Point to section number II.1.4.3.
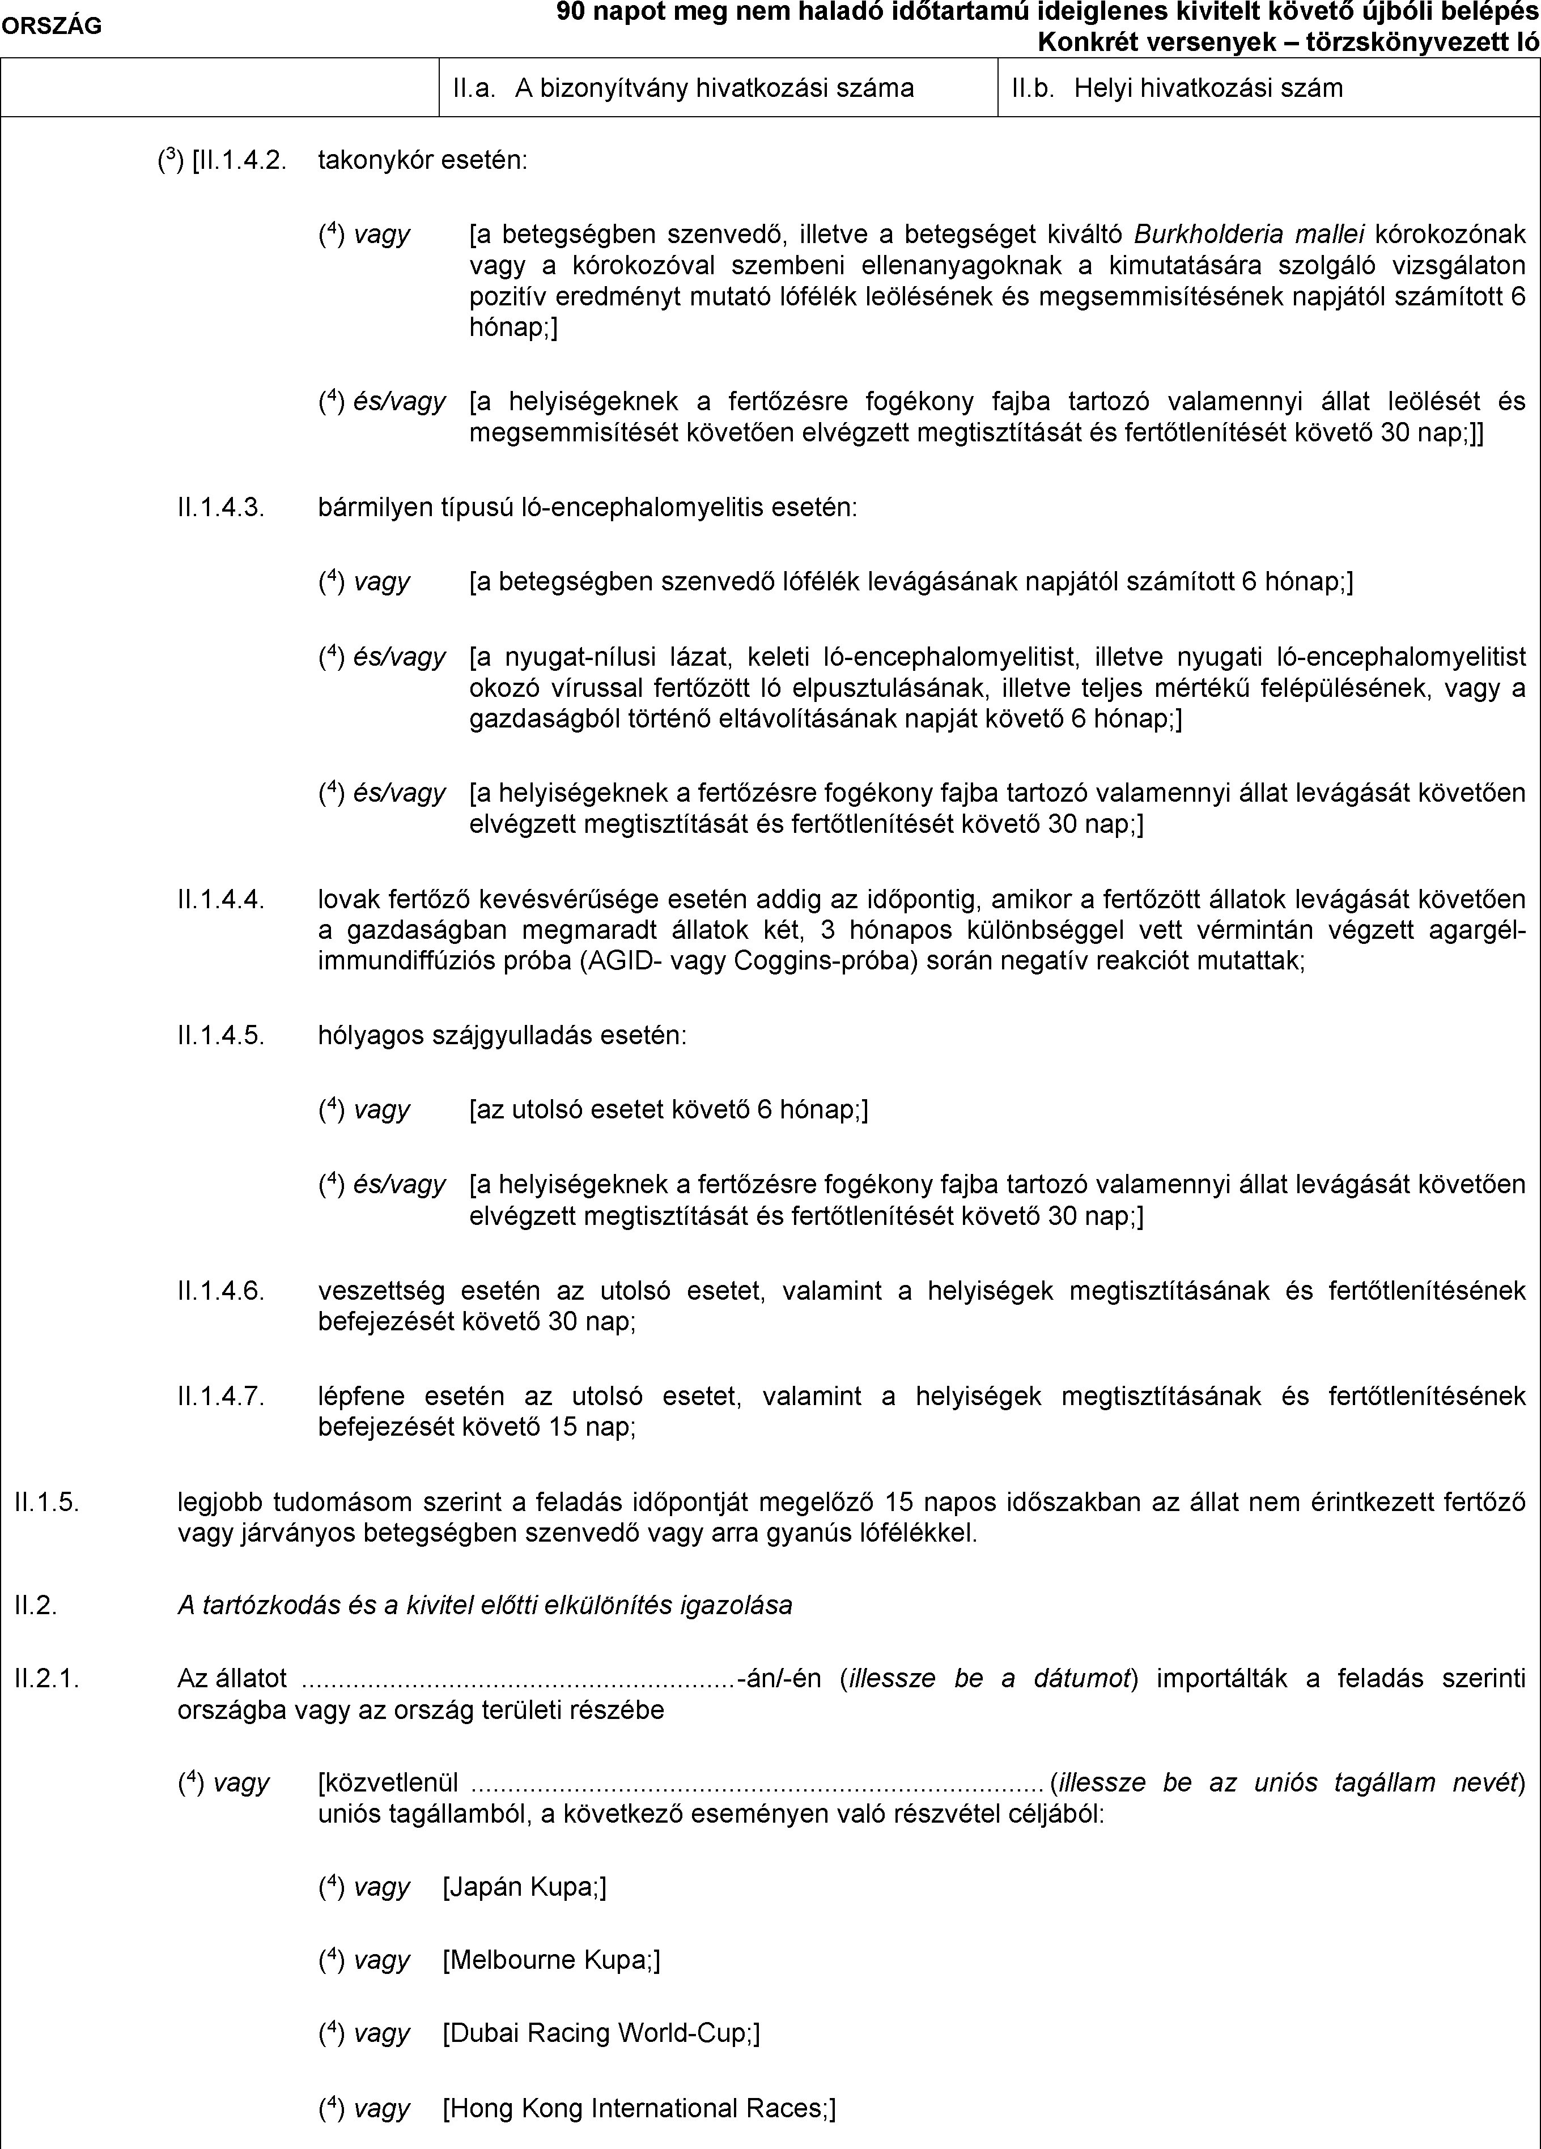[x=217, y=507]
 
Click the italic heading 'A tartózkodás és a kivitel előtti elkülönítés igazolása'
[x=485, y=1605]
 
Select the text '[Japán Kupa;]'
[x=525, y=1887]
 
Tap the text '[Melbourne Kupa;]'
[x=551, y=1960]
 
